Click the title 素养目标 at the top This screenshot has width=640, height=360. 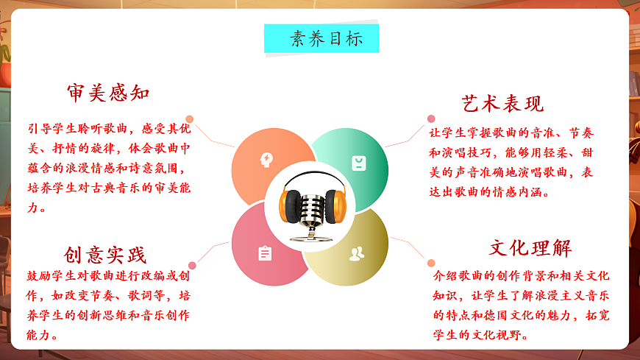[x=321, y=38]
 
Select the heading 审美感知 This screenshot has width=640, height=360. [x=108, y=93]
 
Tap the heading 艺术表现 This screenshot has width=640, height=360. [x=503, y=103]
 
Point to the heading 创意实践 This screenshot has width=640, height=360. [x=105, y=255]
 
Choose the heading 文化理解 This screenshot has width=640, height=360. [x=530, y=247]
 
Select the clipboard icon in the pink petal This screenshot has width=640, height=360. [x=265, y=254]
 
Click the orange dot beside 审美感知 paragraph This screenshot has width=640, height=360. [x=190, y=119]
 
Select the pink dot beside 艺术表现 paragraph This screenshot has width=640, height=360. [x=431, y=119]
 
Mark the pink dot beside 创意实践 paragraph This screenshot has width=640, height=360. [x=192, y=265]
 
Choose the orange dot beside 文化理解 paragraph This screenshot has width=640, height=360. [x=431, y=263]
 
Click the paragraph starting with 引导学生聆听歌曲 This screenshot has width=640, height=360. [x=109, y=167]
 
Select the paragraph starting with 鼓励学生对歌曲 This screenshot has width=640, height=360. [x=109, y=305]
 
